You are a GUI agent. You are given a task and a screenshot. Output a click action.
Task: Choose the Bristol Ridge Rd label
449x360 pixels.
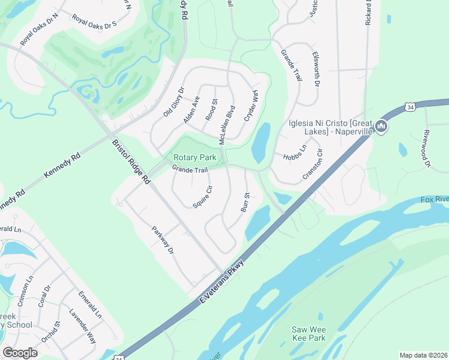coord(131,161)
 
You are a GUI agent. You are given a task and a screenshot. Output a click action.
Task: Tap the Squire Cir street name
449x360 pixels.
coord(203,197)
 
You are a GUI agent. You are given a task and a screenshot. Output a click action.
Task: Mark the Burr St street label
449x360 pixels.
coord(245,202)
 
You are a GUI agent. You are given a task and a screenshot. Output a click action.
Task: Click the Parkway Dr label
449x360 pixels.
coord(163,239)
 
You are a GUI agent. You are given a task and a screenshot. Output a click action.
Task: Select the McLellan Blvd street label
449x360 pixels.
coord(227,123)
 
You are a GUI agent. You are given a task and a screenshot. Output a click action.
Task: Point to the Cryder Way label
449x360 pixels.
coord(251,106)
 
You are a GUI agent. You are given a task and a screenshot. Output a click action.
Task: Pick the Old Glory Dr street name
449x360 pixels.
coord(173,102)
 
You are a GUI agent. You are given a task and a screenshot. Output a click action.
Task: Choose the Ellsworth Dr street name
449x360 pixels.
coord(316,69)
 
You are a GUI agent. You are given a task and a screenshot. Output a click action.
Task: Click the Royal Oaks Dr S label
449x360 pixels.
coord(94,20)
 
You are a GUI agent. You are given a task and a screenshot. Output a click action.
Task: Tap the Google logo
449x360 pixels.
coord(20,352)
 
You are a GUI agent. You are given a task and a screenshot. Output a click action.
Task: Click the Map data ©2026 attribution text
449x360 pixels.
coord(423,355)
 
